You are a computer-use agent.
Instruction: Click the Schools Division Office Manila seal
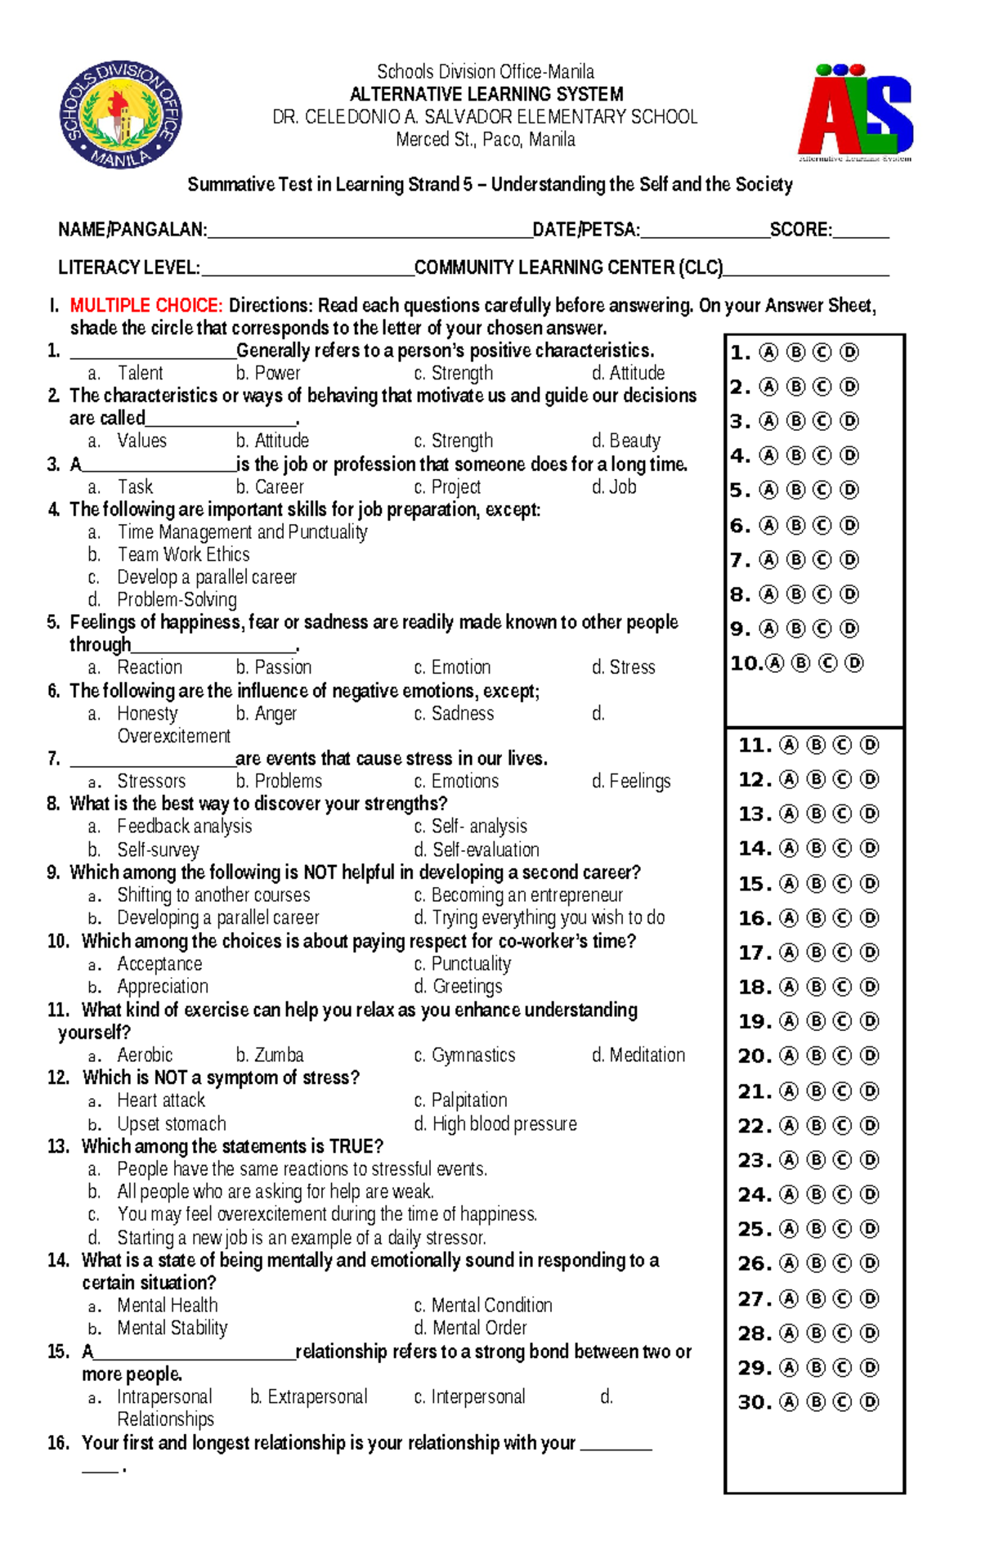pos(120,114)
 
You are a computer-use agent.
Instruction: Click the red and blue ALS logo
pos(855,113)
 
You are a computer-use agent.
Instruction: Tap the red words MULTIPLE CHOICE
pos(146,306)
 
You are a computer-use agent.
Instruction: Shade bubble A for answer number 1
pos(768,352)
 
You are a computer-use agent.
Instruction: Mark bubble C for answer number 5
pos(822,490)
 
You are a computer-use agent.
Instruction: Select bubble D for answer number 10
pos(853,663)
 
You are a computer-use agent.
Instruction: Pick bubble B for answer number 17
pos(815,953)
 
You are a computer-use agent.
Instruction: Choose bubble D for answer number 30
pos(870,1402)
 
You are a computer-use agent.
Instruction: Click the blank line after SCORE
pos(860,231)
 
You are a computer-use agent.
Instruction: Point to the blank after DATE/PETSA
pos(705,231)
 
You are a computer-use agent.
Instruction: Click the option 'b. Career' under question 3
pos(270,487)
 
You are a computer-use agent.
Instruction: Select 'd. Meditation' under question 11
pos(638,1056)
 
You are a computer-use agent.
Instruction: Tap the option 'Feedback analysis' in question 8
pos(184,827)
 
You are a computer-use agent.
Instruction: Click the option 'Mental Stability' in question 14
pos(172,1328)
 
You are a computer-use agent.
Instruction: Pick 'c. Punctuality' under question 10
pos(463,964)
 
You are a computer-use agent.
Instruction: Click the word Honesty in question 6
pos(147,714)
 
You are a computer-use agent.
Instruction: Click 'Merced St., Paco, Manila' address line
pos(486,140)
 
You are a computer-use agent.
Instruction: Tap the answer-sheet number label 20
pos(754,1056)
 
